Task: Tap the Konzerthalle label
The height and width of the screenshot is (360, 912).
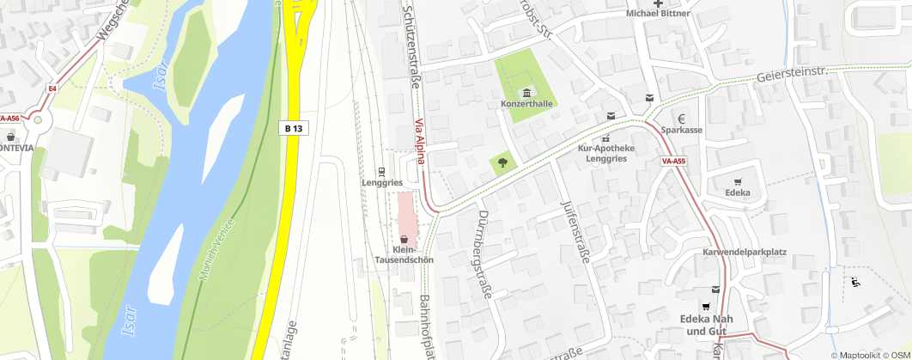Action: [526, 104]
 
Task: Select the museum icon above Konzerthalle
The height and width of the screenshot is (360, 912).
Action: [526, 93]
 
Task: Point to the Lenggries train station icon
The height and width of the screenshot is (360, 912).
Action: [381, 170]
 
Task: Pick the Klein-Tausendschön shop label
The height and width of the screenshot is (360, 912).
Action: [404, 254]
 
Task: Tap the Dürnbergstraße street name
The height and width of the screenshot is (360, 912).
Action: [483, 254]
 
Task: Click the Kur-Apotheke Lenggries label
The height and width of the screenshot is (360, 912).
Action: [606, 154]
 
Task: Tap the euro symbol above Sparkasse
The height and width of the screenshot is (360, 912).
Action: [681, 119]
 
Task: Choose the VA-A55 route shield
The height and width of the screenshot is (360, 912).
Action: [673, 161]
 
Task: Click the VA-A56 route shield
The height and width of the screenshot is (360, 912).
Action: [9, 119]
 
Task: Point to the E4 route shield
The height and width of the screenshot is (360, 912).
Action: [52, 88]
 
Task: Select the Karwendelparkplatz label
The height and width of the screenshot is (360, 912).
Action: [745, 253]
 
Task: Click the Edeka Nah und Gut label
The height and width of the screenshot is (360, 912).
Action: [703, 325]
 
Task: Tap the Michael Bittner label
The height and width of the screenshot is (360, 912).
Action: [659, 13]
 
